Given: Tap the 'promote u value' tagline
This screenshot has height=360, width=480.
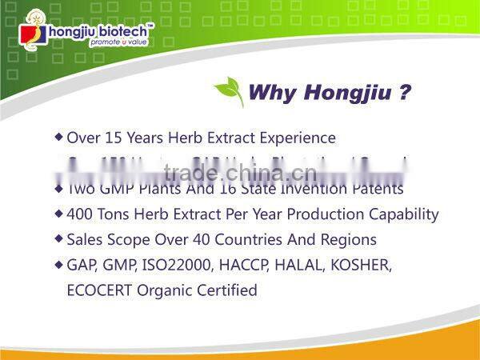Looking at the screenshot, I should pos(120,42).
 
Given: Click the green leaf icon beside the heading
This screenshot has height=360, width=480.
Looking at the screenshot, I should pos(229,92).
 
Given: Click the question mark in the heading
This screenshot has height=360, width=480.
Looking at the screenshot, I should pos(405,92).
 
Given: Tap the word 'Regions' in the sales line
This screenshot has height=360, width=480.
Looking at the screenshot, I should pos(349,239).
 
